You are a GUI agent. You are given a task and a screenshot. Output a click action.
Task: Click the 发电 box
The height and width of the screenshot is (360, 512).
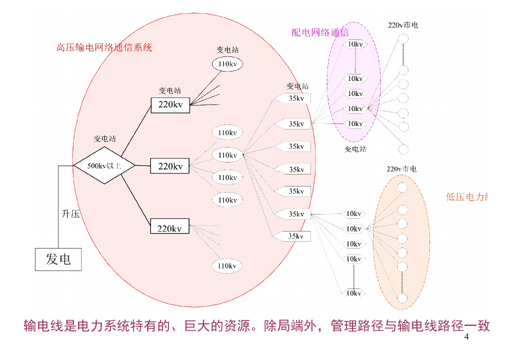click(58, 259)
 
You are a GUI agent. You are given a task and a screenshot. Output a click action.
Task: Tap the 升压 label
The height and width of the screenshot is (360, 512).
click(70, 214)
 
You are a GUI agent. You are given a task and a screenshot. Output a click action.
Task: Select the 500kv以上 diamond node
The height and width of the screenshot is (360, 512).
click(104, 165)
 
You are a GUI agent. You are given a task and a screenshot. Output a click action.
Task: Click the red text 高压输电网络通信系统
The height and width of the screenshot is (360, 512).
click(104, 48)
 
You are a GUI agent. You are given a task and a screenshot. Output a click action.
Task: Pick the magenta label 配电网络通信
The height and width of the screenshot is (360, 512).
click(320, 33)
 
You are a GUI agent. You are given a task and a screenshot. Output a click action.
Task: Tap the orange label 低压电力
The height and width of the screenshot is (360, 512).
click(466, 197)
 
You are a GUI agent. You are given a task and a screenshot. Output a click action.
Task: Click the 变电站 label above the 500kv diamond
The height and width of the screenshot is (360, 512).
click(104, 138)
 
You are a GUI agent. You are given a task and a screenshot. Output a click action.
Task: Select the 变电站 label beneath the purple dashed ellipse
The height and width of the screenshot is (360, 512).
click(355, 149)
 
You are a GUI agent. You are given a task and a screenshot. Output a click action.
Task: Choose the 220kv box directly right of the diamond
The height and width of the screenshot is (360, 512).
click(170, 166)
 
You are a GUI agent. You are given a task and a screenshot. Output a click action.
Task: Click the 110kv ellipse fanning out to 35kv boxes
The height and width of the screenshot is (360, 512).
click(227, 155)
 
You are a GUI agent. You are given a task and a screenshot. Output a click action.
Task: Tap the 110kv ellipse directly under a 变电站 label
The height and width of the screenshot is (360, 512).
click(227, 64)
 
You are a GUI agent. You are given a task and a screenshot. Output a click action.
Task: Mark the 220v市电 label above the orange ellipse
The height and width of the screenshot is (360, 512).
click(401, 169)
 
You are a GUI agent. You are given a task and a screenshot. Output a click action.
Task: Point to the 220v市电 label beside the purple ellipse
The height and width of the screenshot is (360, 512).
click(403, 24)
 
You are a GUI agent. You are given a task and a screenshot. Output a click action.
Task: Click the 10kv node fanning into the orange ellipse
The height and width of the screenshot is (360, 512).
click(354, 229)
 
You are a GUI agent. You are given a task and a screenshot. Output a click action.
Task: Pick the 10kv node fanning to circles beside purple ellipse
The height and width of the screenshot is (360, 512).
click(355, 108)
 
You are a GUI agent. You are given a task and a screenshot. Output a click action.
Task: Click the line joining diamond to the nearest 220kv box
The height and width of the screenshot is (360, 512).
click(143, 165)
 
